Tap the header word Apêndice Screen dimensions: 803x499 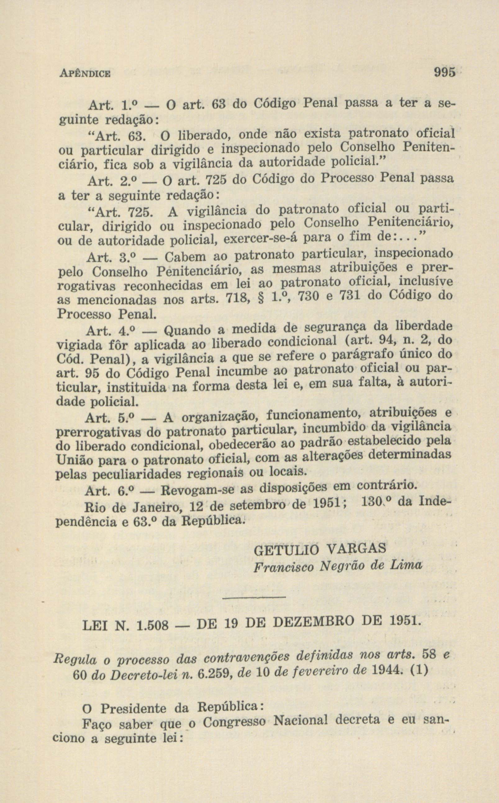[85, 73]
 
